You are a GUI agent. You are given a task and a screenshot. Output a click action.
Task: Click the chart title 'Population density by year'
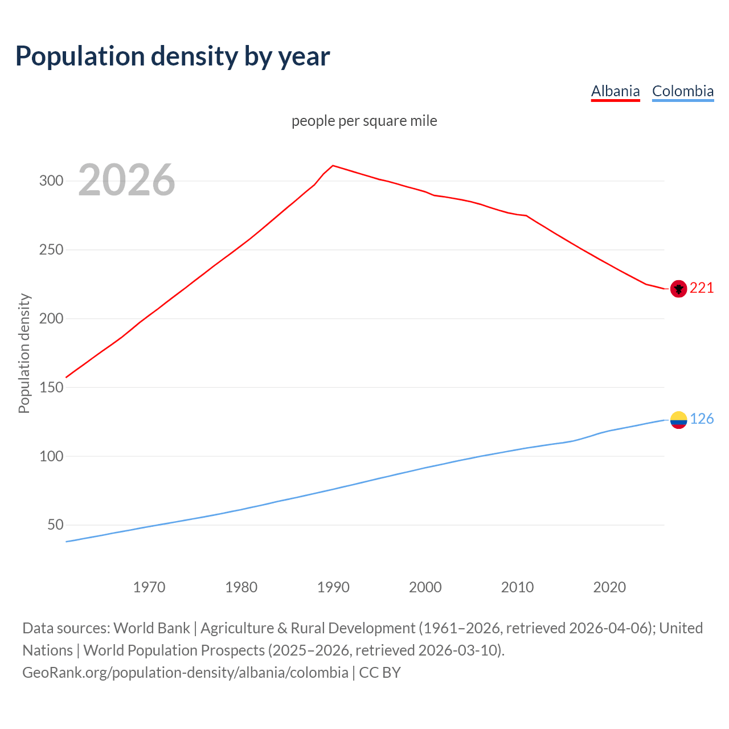pyautogui.click(x=173, y=56)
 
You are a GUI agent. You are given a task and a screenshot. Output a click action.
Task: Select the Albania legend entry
pyautogui.click(x=615, y=91)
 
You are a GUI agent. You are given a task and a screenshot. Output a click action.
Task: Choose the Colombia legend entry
pyautogui.click(x=682, y=91)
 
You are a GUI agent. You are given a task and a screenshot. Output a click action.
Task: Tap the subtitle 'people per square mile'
pyautogui.click(x=364, y=121)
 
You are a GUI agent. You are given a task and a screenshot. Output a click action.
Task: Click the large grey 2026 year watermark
pyautogui.click(x=126, y=180)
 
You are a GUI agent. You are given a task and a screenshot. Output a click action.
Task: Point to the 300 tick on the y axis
pyautogui.click(x=51, y=181)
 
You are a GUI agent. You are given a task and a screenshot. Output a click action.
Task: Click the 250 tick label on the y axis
pyautogui.click(x=51, y=250)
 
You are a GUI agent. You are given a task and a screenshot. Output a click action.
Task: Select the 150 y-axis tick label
pyautogui.click(x=51, y=387)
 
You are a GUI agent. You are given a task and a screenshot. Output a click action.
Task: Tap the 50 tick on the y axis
pyautogui.click(x=55, y=525)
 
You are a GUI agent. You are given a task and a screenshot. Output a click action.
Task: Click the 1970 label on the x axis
pyautogui.click(x=149, y=587)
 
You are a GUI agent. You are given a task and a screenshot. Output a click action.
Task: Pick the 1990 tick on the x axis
pyautogui.click(x=333, y=587)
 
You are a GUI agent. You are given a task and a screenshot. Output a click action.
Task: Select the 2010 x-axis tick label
pyautogui.click(x=517, y=587)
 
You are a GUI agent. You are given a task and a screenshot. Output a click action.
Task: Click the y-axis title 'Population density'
pyautogui.click(x=24, y=353)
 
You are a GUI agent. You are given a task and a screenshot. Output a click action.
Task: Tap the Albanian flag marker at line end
pyautogui.click(x=678, y=289)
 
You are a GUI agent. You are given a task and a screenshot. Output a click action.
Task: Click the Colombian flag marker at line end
pyautogui.click(x=678, y=420)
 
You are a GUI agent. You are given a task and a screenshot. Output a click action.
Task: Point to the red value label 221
pyautogui.click(x=702, y=288)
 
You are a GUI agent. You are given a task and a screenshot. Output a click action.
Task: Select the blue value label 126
pyautogui.click(x=702, y=419)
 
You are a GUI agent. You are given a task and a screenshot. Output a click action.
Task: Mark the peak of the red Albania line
pyautogui.click(x=333, y=166)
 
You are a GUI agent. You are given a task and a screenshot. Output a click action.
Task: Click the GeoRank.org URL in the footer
pyautogui.click(x=185, y=673)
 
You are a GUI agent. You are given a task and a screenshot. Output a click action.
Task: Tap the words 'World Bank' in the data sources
pyautogui.click(x=151, y=628)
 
